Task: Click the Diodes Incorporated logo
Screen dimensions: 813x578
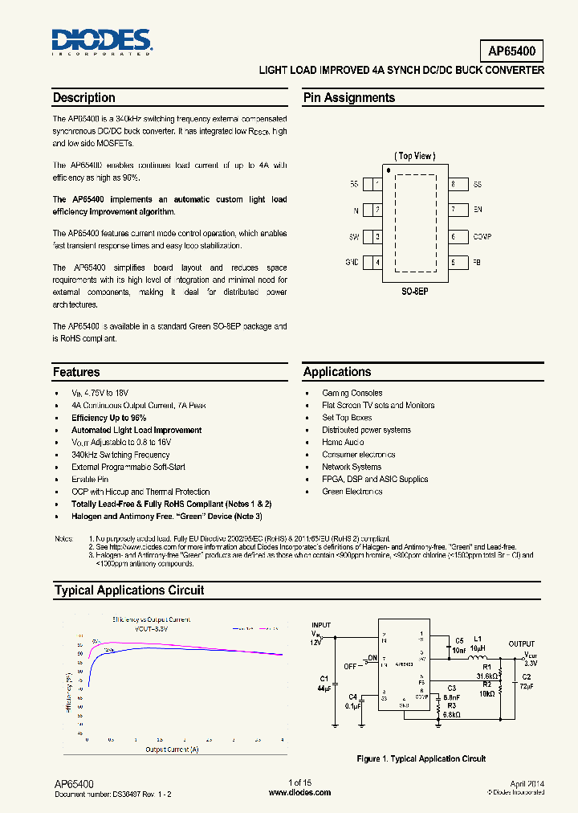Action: pos(101,41)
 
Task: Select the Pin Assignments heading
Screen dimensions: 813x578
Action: pos(348,98)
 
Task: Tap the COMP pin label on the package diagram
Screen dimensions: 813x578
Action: pos(482,237)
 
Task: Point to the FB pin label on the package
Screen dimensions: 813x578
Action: pos(477,263)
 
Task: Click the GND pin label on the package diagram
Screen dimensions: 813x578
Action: pos(352,263)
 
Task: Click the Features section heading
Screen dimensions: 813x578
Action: pos(76,372)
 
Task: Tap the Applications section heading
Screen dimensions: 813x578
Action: pos(337,372)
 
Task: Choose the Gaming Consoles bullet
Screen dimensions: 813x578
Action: pos(352,393)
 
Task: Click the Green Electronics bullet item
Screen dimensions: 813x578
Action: pos(352,492)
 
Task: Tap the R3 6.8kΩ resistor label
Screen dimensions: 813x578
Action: pos(451,710)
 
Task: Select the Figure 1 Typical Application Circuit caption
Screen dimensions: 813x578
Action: pos(421,758)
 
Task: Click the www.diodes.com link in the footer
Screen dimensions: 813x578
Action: pos(299,792)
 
